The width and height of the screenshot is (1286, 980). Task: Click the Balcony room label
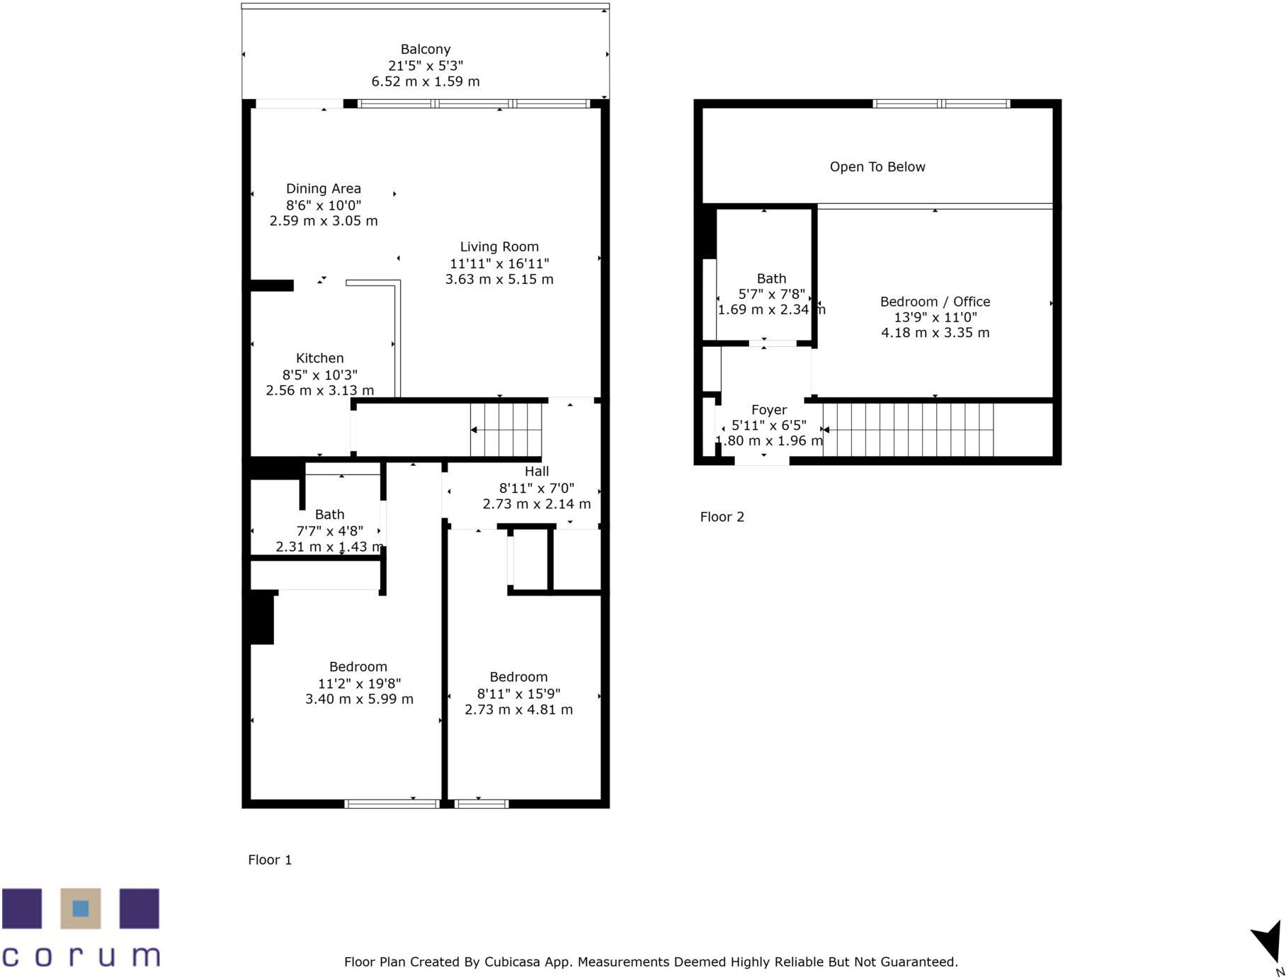[425, 50]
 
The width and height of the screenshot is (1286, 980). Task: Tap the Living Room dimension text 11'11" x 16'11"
[499, 263]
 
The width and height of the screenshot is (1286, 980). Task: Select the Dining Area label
[323, 189]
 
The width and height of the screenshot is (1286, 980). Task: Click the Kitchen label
[319, 358]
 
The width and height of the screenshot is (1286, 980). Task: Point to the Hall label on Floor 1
[536, 472]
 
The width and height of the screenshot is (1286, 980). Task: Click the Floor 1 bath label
[329, 515]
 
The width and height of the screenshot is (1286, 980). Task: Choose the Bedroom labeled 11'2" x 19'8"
[358, 667]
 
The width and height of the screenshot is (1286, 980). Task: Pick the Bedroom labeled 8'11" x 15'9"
[518, 678]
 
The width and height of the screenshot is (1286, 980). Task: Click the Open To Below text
[877, 167]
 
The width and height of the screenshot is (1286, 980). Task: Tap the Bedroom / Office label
[935, 302]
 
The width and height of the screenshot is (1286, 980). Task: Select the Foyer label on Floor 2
[768, 410]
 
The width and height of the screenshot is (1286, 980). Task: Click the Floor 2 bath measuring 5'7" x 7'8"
[771, 279]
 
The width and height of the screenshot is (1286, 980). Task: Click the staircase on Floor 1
[506, 430]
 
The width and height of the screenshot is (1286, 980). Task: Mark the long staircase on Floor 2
[908, 430]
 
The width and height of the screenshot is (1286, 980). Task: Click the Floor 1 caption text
[270, 860]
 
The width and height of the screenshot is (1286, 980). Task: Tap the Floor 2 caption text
[722, 517]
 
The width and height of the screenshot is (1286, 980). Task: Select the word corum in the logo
[81, 956]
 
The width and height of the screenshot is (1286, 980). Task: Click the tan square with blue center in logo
[80, 908]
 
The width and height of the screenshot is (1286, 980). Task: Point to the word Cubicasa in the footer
[511, 962]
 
